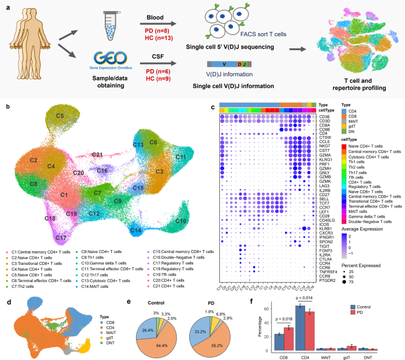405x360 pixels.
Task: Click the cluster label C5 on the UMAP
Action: [x=60, y=116]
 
